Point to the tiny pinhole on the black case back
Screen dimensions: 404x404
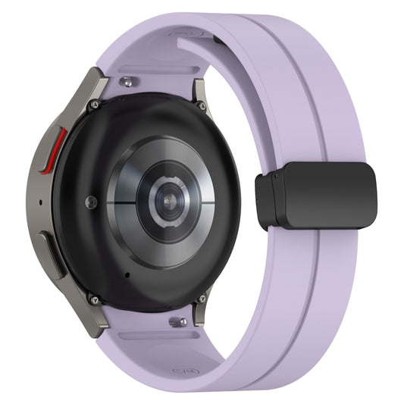pyautogui.click(x=126, y=274)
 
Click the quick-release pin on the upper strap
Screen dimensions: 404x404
pyautogui.click(x=131, y=79)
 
